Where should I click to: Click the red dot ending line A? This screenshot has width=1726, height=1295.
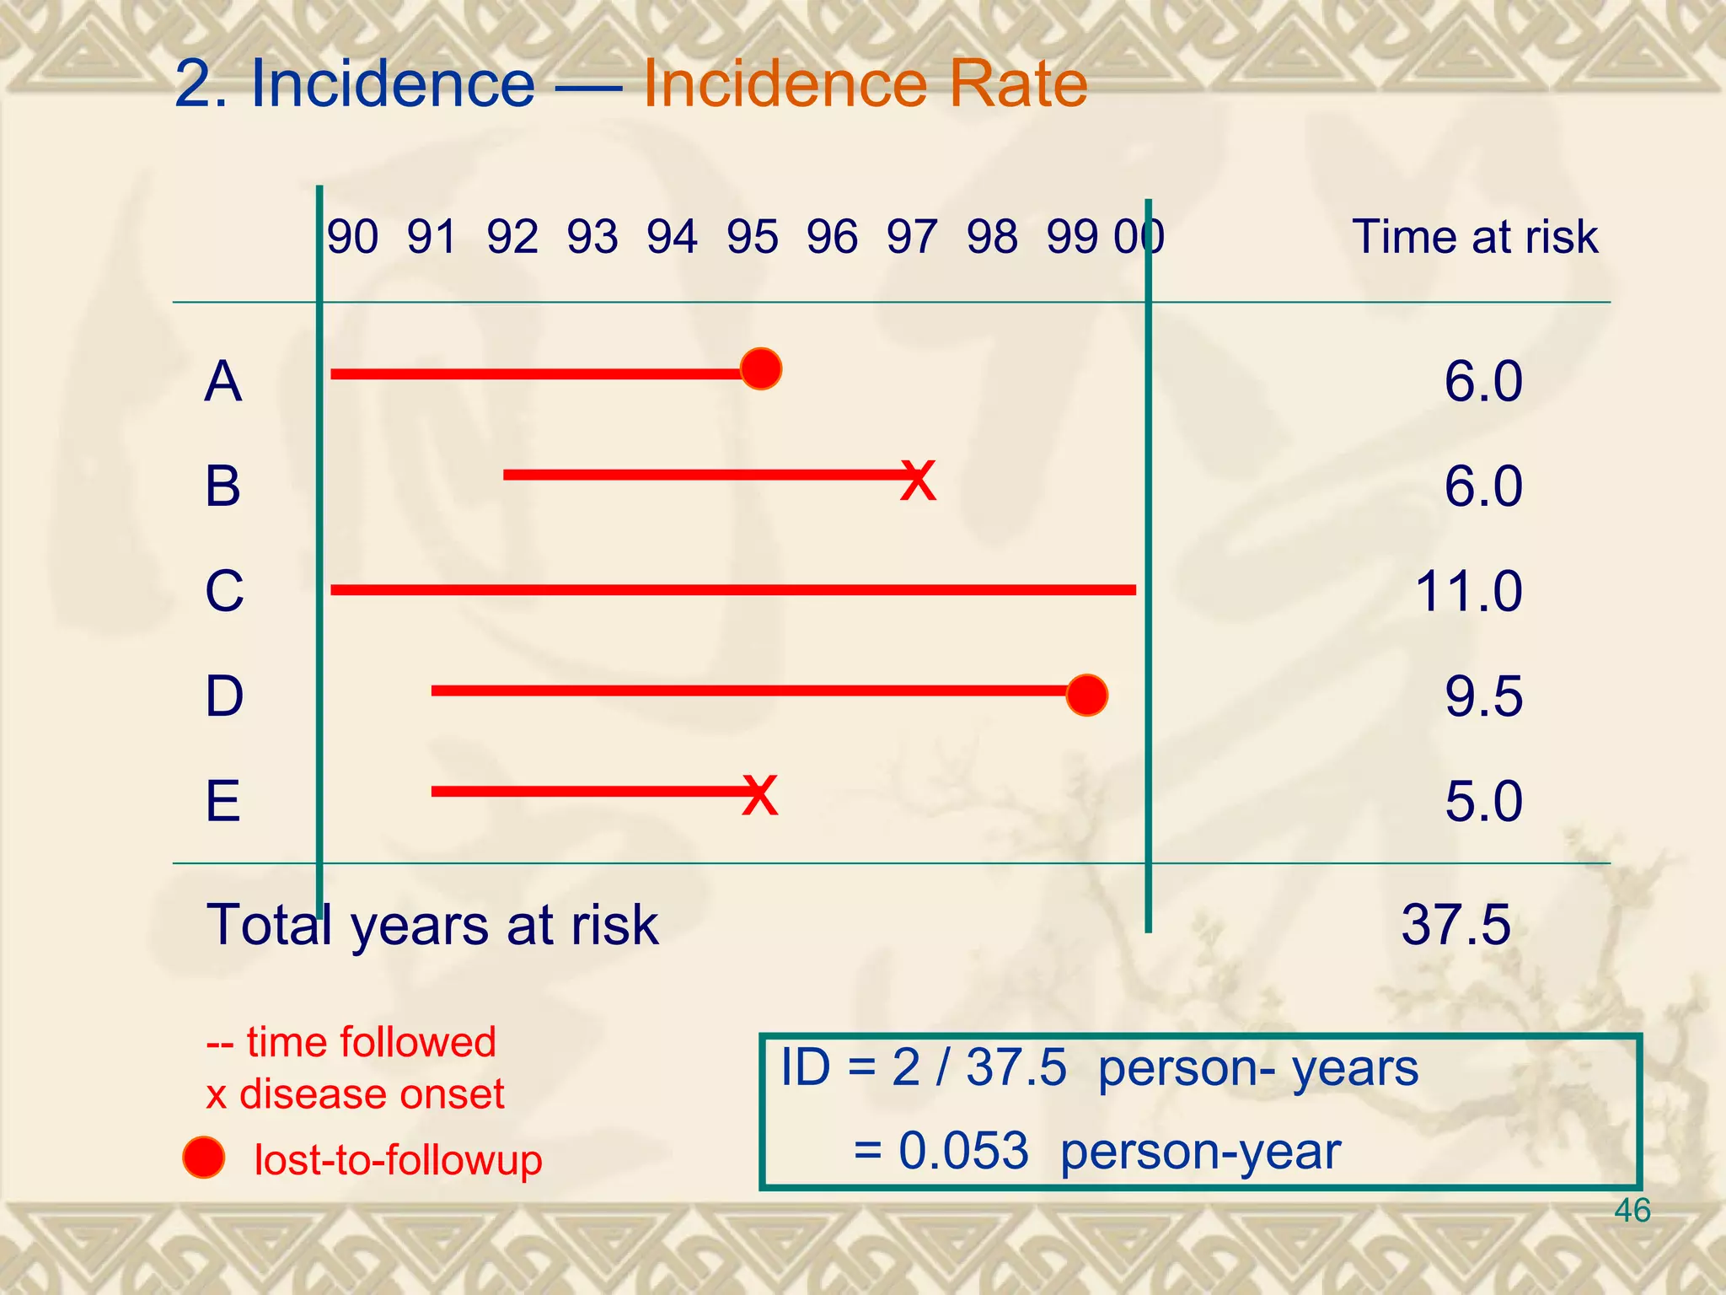(x=761, y=369)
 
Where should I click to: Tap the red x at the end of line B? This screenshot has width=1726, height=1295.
(x=918, y=481)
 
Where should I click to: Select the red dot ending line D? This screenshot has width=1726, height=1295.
(x=1086, y=696)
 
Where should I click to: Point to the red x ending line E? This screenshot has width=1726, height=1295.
(x=759, y=795)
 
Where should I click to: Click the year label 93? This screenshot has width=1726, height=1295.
(x=592, y=237)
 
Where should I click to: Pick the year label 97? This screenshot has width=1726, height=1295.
(x=911, y=237)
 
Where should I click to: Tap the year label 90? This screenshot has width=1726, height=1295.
(x=352, y=237)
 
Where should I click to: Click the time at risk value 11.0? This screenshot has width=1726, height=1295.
(x=1468, y=591)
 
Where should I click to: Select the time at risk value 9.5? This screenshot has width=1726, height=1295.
(x=1483, y=696)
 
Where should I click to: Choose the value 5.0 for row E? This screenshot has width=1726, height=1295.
(x=1483, y=801)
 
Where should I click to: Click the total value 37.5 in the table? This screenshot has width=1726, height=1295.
(x=1455, y=925)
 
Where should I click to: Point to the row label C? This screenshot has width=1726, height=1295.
(x=224, y=591)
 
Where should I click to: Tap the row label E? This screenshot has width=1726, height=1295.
(x=222, y=801)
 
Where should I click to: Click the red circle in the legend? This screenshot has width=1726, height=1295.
(x=204, y=1158)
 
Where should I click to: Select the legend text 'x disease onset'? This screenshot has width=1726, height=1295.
(x=355, y=1094)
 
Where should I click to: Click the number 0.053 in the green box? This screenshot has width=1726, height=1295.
(x=963, y=1151)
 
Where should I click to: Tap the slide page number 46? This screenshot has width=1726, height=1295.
(x=1632, y=1211)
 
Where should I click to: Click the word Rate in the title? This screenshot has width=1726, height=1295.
(x=1018, y=84)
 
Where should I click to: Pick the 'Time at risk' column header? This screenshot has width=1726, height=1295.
(x=1474, y=237)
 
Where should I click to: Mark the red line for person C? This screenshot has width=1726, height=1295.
(x=733, y=590)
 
